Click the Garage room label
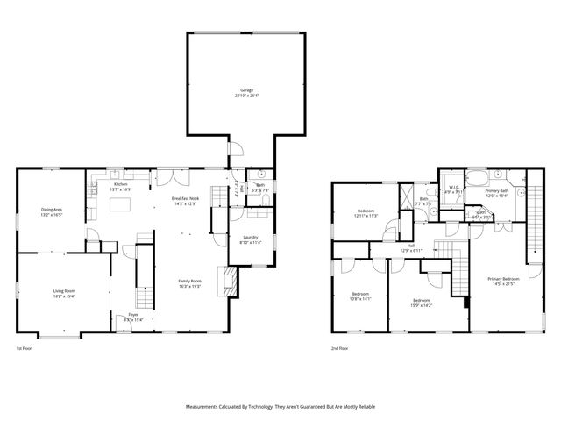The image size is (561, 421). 247,90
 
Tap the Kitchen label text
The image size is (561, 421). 120,184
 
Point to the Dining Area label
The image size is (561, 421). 52,210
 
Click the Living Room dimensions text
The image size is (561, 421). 64,296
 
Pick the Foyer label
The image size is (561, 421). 133,314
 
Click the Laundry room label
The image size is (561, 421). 250,239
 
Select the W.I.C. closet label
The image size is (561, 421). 453,187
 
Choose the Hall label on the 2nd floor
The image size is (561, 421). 411,247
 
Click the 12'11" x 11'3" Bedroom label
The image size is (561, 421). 367,210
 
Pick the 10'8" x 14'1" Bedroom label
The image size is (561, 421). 360,294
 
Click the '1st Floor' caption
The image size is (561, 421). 24,349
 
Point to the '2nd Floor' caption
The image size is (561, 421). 340,349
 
